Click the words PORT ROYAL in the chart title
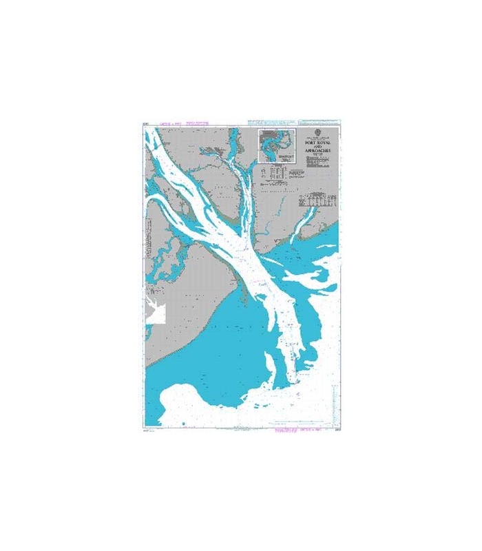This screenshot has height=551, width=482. [318, 144]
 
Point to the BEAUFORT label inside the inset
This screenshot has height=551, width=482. [277, 157]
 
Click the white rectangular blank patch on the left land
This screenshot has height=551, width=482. [154, 308]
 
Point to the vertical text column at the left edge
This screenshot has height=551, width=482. [147, 241]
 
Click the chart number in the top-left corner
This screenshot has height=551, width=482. [145, 125]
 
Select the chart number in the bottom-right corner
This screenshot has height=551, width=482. [335, 429]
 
